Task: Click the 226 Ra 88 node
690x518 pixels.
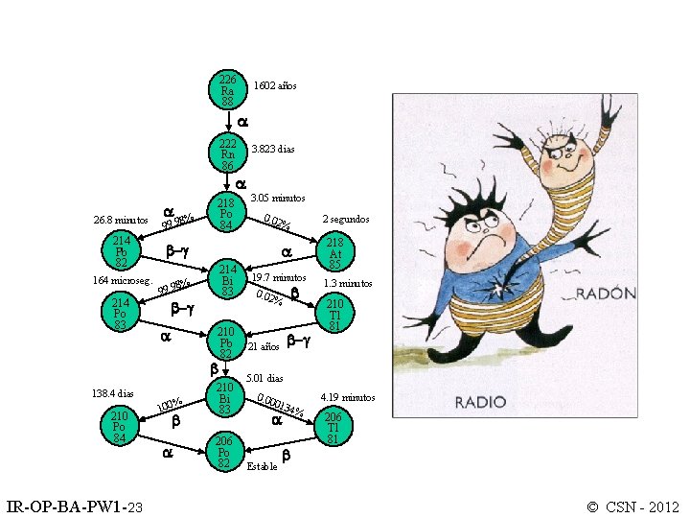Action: coord(227,89)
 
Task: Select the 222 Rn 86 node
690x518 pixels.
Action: coord(227,153)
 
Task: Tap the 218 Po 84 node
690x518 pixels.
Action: coord(227,214)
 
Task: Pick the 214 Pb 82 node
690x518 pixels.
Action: coord(122,251)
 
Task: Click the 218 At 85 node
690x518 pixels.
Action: coord(334,253)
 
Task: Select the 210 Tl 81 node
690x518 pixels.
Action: coord(334,315)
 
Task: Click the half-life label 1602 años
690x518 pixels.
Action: coord(275,86)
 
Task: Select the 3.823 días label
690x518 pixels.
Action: coord(273,150)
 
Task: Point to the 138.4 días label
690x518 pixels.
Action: coord(112,393)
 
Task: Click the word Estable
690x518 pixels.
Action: coord(262,467)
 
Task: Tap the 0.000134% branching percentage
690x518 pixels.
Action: coord(281,406)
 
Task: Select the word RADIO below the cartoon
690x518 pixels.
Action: coord(481,402)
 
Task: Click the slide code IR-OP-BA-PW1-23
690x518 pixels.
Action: coord(75,506)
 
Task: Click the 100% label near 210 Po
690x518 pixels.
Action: coord(170,408)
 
